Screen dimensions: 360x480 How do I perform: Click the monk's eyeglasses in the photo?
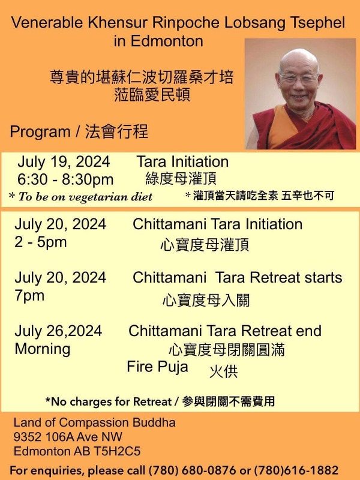point(299,78)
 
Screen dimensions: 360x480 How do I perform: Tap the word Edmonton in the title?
point(167,41)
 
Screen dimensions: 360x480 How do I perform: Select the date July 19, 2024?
point(64,161)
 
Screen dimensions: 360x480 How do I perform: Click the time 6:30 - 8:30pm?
point(65,179)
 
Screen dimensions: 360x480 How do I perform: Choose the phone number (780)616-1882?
point(296,470)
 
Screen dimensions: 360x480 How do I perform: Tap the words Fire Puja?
point(157,367)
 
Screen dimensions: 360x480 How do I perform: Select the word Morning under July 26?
point(43,349)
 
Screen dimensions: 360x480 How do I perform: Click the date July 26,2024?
point(58,331)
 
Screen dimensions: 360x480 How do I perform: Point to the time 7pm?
point(29,296)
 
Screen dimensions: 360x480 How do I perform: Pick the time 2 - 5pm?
point(40,242)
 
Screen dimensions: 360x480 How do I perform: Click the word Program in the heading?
point(40,132)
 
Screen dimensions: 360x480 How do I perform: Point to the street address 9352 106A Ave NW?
point(68,437)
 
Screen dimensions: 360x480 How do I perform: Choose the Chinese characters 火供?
point(223,371)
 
